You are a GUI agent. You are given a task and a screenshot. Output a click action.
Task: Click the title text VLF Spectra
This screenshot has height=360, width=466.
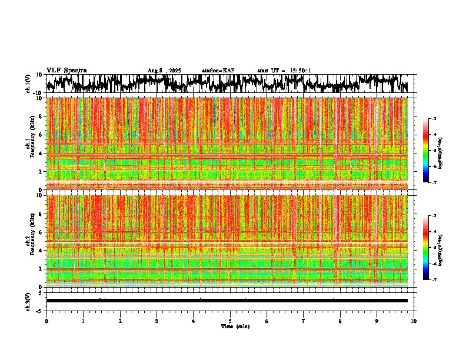tap(66, 71)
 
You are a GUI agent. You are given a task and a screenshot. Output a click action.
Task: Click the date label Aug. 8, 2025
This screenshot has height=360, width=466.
tap(164, 71)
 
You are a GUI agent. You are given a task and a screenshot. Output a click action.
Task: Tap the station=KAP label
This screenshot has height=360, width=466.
tap(218, 71)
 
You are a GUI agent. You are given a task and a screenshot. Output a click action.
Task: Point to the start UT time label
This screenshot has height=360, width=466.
tap(284, 71)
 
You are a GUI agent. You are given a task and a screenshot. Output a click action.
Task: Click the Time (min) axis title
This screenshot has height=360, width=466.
tap(235, 326)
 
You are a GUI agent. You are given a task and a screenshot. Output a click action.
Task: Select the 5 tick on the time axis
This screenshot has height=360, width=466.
tap(230, 321)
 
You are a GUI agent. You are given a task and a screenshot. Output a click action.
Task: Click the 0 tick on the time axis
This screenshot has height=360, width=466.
tap(46, 321)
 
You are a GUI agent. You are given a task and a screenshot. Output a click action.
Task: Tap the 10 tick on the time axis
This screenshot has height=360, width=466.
tap(414, 321)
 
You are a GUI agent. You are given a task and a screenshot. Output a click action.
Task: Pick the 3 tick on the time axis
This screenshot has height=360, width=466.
tap(157, 321)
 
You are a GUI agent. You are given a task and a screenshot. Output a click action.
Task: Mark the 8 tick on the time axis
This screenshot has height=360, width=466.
tap(340, 321)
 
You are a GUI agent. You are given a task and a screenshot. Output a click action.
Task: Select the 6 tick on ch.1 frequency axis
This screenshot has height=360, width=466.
tap(41, 135)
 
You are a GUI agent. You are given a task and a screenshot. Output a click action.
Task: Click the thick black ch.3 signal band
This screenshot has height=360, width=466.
tap(227, 301)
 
